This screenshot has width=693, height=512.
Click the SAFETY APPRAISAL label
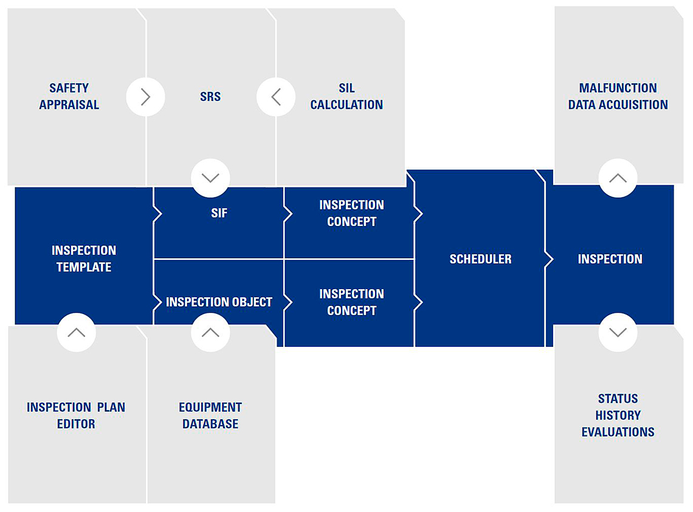69,97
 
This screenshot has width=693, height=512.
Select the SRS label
210,97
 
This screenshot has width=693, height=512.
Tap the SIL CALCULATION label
346,97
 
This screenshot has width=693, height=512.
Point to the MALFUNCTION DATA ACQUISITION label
618,97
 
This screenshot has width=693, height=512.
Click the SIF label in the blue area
219,213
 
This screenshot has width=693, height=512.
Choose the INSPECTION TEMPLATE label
84,259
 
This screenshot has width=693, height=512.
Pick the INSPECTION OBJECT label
219,302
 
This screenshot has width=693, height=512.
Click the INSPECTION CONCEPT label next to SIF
352,213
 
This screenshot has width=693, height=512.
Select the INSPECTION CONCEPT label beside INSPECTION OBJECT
352,302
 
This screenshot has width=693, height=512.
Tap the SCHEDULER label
480,259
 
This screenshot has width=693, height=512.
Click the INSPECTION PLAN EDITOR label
76,415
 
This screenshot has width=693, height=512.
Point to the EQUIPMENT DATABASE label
210,415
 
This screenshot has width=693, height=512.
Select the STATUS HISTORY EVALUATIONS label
618,415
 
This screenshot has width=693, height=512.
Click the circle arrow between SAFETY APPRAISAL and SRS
145,97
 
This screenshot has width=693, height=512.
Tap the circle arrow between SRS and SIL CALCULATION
276,97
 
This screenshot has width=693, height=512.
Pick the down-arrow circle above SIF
210,178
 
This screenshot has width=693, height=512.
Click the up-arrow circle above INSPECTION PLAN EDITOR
77,333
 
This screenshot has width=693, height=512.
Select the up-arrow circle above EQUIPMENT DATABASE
210,333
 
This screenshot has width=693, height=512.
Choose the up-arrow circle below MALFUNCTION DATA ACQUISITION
618,178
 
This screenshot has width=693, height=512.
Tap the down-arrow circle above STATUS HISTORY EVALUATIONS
618,333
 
